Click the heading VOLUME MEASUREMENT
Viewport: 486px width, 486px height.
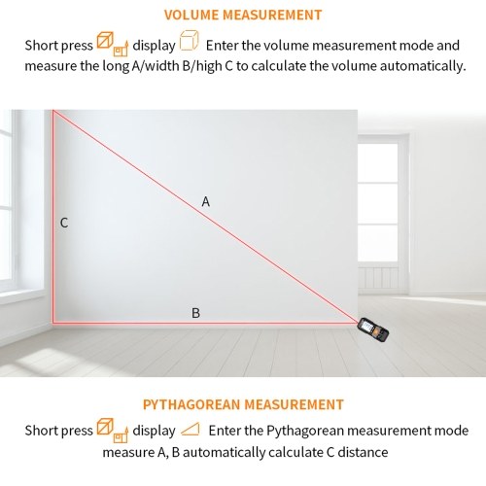tap(243, 16)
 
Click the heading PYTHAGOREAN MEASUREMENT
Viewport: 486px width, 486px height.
tap(243, 404)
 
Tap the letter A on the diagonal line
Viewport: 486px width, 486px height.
tap(206, 201)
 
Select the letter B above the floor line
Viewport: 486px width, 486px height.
tap(195, 313)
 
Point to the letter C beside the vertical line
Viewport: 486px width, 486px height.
tap(64, 223)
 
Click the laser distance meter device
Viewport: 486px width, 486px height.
tap(373, 330)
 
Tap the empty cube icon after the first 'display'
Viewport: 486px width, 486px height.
tap(189, 41)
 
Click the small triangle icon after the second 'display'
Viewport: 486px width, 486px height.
tap(191, 430)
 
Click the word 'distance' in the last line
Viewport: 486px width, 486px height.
tap(363, 452)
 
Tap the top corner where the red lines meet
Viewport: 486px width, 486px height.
tap(53, 111)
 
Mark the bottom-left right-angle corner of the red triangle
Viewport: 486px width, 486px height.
tap(53, 323)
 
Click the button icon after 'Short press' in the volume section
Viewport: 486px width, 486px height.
tap(113, 44)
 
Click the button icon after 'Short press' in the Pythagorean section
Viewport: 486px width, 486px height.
tap(113, 430)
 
